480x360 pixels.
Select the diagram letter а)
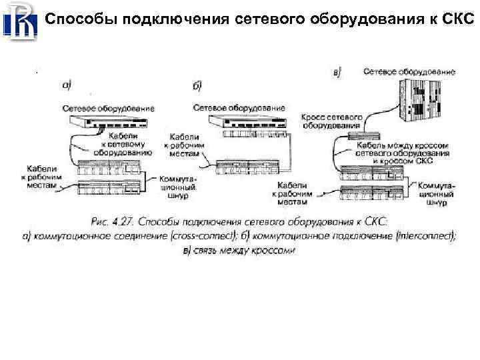pyautogui.click(x=67, y=85)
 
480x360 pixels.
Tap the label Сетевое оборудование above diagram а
pyautogui.click(x=109, y=107)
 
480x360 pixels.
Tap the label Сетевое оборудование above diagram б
pyautogui.click(x=239, y=107)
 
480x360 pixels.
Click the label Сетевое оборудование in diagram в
pyautogui.click(x=409, y=71)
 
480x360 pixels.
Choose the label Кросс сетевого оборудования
pyautogui.click(x=331, y=121)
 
